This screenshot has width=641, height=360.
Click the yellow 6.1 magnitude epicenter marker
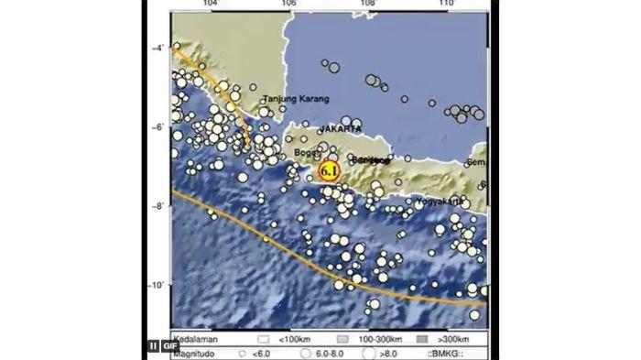click(330, 170)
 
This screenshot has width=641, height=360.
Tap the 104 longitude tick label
click(212, 5)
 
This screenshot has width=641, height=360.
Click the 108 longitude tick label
click(368, 5)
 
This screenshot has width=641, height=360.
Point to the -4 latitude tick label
click(158, 48)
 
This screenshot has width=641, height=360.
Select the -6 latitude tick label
click(158, 127)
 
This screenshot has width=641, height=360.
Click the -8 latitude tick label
click(158, 206)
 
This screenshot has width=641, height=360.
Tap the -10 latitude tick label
click(156, 286)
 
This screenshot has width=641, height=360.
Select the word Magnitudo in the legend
click(195, 351)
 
